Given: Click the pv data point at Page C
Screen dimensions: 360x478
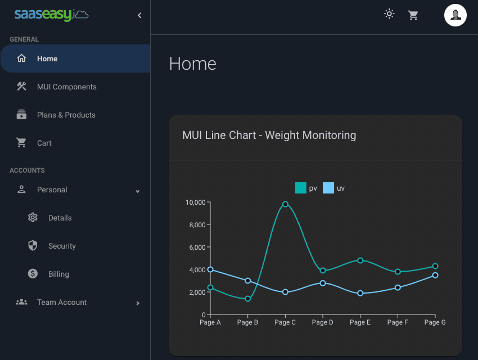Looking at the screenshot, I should (x=285, y=204).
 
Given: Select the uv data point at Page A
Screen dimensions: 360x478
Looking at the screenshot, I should (x=210, y=269).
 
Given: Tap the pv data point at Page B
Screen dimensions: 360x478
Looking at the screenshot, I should (x=247, y=299).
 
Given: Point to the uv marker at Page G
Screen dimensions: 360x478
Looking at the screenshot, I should (x=435, y=275).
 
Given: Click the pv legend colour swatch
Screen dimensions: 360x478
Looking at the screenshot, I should (x=300, y=188).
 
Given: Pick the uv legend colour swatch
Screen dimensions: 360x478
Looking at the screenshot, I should (x=328, y=188).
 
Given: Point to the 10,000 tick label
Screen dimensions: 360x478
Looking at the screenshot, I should (x=195, y=202).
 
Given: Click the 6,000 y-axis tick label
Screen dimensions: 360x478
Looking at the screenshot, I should (x=197, y=247).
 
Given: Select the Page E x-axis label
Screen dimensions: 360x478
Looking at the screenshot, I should (x=360, y=323).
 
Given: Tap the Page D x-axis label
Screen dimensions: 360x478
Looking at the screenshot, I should (x=323, y=323).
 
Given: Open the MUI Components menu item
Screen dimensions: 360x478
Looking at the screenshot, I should (x=66, y=87).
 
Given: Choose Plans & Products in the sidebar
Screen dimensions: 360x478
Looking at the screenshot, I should (x=66, y=115).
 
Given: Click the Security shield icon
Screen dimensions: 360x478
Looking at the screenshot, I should (x=33, y=246).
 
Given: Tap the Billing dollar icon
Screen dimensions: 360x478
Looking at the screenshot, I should (x=33, y=274).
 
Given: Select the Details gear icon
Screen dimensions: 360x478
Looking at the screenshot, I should (x=33, y=218).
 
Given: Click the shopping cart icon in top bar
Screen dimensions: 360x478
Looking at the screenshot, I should (x=413, y=15).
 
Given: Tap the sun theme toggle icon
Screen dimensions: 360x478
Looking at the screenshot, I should (x=389, y=15).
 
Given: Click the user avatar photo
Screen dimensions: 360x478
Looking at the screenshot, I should (x=456, y=15).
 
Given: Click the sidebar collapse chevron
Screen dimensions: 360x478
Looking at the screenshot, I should (x=139, y=15).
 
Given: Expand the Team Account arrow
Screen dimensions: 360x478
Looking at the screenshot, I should (x=138, y=303).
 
